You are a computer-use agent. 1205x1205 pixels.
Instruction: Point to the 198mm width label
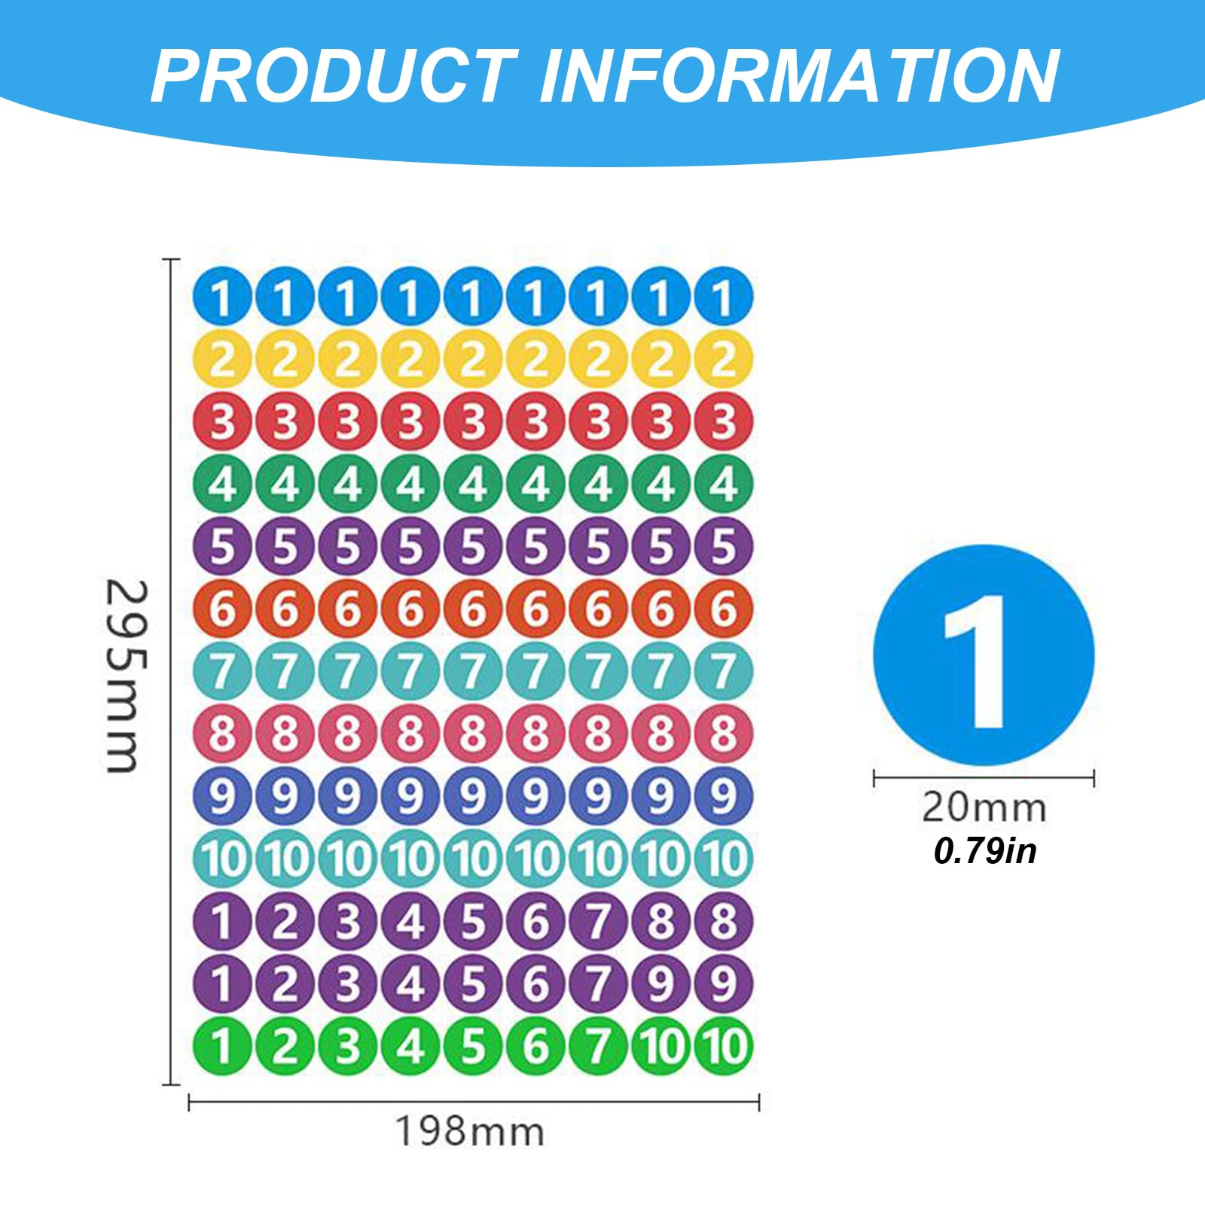coord(470,1132)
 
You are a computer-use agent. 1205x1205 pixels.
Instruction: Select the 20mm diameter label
coord(984,807)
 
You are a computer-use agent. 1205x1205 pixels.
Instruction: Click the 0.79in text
coord(985,851)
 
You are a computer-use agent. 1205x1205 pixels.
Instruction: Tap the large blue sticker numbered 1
coord(984,655)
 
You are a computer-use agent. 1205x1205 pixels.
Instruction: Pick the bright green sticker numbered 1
coord(221,1046)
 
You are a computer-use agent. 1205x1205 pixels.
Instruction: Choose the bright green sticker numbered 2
coord(284,1046)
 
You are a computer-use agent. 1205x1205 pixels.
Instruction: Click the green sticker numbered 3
coord(347,1046)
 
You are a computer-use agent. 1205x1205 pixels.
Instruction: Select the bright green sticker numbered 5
coord(472,1046)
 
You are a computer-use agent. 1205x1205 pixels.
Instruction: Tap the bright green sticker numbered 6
coord(535,1046)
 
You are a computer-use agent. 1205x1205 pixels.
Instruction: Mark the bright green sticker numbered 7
coord(598,1046)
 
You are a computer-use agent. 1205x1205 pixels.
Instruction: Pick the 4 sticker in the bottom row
coord(410,1046)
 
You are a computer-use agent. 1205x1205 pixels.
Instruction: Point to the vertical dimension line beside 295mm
coord(172,672)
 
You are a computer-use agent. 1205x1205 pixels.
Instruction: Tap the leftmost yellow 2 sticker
coord(221,359)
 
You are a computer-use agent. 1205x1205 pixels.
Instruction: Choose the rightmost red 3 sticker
coord(723,422)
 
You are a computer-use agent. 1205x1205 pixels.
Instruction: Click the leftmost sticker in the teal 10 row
coord(221,859)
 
